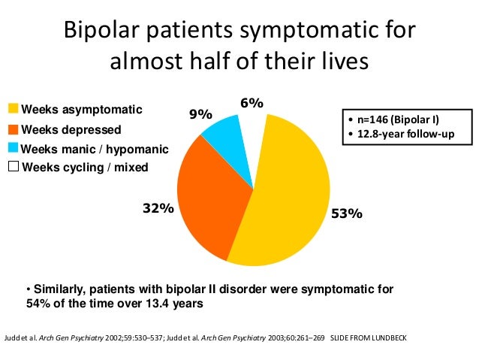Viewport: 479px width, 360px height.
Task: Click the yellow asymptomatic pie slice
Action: click(293, 195)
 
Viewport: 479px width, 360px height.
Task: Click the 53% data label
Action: click(347, 213)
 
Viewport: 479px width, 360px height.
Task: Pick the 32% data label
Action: click(158, 210)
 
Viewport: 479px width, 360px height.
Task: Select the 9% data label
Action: click(200, 114)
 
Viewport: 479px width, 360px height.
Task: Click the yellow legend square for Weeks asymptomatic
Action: click(13, 110)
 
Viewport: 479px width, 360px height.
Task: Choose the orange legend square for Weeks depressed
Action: click(13, 129)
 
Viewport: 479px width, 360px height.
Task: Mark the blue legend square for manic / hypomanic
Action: click(13, 147)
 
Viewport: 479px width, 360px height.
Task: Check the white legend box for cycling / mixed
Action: click(13, 166)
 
